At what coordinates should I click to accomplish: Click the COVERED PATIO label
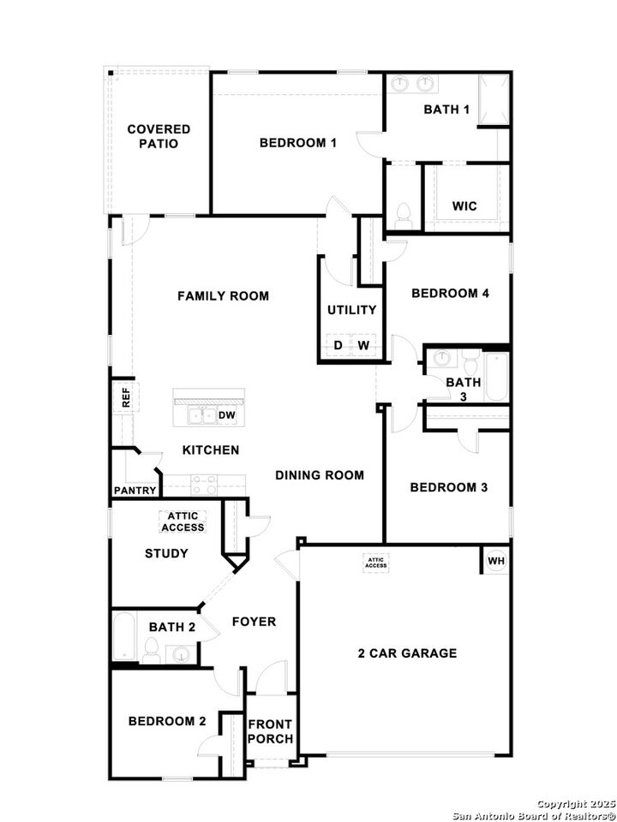coord(159,136)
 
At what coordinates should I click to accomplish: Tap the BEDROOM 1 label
coord(297,143)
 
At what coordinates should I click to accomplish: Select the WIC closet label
coord(464,206)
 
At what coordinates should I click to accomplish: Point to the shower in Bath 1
coord(493,100)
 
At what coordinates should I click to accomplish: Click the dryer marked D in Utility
coord(338,345)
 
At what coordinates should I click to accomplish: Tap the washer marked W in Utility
coord(363,345)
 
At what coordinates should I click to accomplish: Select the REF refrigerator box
coord(125,396)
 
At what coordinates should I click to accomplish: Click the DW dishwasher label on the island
coord(227,416)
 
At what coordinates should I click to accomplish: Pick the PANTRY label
coord(135,491)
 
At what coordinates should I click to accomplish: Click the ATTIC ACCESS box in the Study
coord(183,521)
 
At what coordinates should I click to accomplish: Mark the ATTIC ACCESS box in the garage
coord(376,563)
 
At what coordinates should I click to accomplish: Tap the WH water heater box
coord(495,562)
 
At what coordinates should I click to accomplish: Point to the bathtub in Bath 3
coord(496,377)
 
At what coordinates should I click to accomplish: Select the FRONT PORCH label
coord(270,731)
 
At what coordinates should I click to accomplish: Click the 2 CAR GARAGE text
coord(407,653)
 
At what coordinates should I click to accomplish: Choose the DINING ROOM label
coord(319,475)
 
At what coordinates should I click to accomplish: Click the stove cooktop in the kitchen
coord(204,485)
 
